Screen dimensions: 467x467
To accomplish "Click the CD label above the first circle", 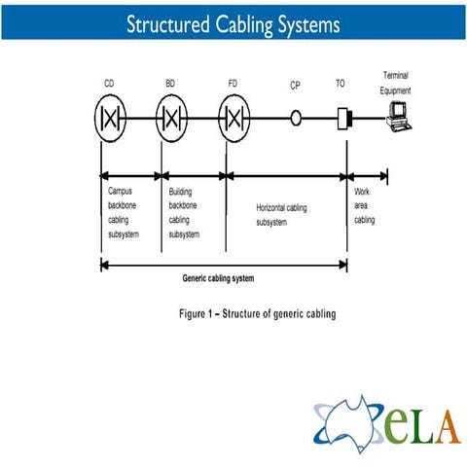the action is click(109, 84).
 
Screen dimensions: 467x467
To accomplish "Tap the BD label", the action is click(170, 84).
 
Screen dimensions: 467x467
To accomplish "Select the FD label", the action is click(233, 84).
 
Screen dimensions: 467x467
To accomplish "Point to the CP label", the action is click(295, 86).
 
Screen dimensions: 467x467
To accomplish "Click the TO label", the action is click(340, 84).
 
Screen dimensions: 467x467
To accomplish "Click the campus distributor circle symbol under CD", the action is click(94, 118).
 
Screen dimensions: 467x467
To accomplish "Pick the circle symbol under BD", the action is click(156, 118).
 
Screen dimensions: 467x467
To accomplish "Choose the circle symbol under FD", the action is click(218, 118).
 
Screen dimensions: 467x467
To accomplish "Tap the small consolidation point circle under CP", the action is click(291, 118).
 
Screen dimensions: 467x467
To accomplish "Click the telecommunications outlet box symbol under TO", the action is click(344, 119).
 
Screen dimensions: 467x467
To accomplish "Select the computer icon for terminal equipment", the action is click(399, 117).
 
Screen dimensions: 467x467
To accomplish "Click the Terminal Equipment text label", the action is click(395, 83).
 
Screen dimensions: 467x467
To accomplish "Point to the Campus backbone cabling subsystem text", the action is click(124, 212).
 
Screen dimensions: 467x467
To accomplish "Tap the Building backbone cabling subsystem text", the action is click(184, 213).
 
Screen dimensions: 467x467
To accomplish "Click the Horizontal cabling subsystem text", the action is click(281, 215).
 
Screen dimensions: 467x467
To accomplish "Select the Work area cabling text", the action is click(364, 205).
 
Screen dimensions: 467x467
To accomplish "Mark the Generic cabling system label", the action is click(218, 278).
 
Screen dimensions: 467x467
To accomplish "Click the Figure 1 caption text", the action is click(258, 313).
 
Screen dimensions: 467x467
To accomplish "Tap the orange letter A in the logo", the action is click(449, 426).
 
